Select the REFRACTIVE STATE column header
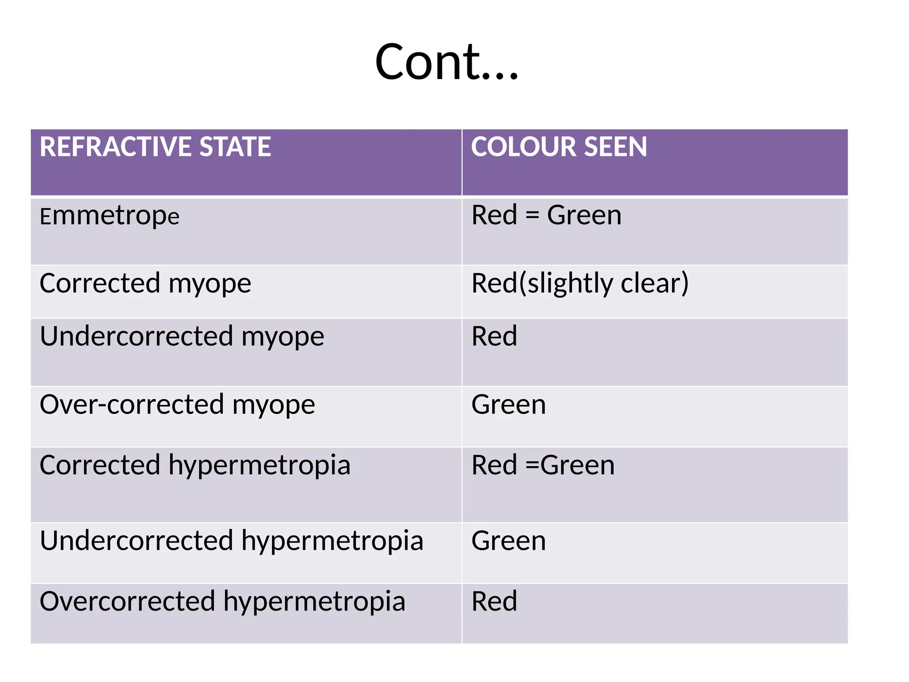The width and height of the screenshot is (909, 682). (155, 147)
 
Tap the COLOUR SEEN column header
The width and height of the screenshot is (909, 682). (559, 147)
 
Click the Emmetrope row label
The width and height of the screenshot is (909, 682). (109, 216)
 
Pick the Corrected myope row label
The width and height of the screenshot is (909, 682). (145, 283)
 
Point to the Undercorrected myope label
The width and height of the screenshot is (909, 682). (182, 336)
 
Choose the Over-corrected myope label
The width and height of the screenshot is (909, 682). (177, 404)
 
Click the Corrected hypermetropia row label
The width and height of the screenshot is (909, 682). (195, 465)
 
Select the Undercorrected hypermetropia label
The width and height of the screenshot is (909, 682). (231, 541)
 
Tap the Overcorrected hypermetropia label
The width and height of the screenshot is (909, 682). (222, 601)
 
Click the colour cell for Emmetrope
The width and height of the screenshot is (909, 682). (546, 215)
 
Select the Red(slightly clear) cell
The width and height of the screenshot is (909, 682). (580, 283)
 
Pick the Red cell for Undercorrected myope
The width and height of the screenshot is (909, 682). (494, 336)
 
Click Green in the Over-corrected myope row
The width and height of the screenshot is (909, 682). (509, 404)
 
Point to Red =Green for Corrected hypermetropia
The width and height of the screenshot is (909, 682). (543, 465)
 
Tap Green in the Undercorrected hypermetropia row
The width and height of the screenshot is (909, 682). (509, 541)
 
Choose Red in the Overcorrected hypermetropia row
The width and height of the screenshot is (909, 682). (494, 601)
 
